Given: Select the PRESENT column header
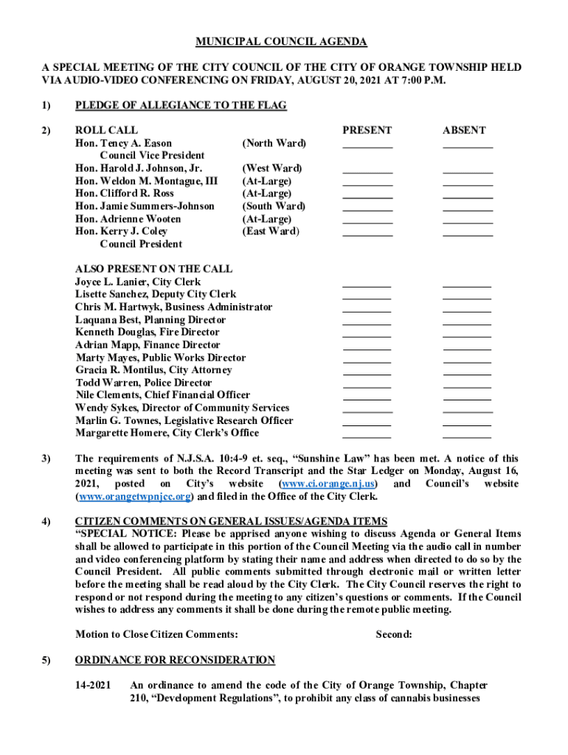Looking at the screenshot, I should [367, 131].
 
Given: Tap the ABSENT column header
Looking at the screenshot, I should [464, 131].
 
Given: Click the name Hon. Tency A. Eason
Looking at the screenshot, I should [124, 143].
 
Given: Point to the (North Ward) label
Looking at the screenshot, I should [274, 143].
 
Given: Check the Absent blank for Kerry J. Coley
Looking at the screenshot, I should [467, 234].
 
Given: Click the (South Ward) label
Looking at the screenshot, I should [274, 206].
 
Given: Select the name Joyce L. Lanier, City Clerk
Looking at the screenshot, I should [138, 282].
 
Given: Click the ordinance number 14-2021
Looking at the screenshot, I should [93, 686].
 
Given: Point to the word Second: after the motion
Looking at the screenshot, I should [394, 635].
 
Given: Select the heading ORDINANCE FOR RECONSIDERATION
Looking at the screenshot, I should [176, 660].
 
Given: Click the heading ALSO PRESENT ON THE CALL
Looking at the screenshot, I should [153, 269].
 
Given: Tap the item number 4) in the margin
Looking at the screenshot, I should [46, 522].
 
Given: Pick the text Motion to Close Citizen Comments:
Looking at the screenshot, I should [157, 635].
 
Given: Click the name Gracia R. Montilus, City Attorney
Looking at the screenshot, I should [153, 370].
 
